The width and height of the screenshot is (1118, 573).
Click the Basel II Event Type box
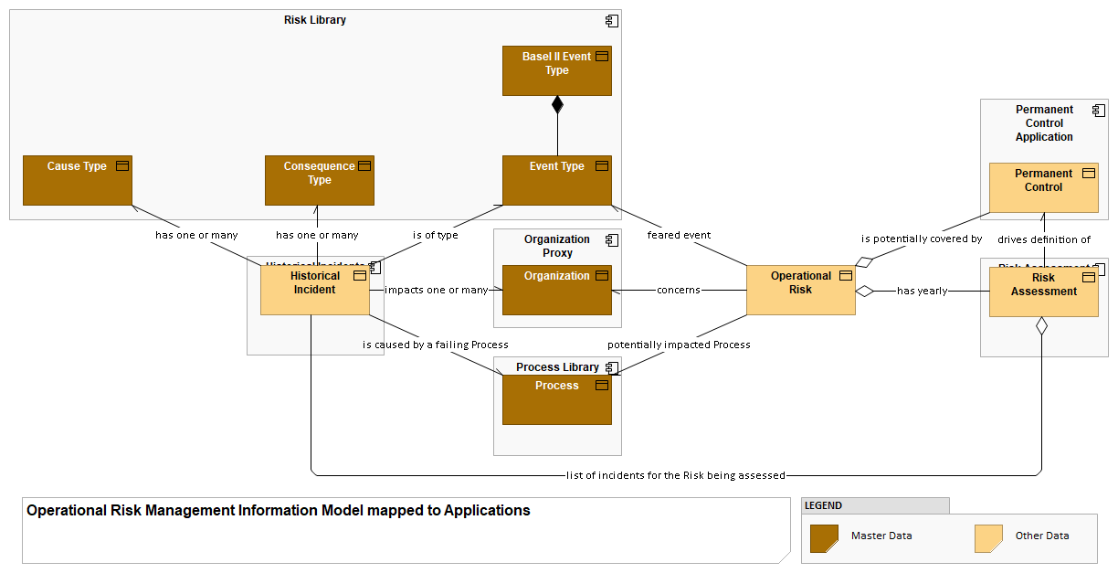click(556, 71)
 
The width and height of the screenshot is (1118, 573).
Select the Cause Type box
click(78, 180)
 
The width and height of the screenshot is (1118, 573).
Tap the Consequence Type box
click(319, 180)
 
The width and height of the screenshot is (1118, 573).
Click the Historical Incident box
click(314, 290)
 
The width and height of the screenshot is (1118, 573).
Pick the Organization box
click(556, 290)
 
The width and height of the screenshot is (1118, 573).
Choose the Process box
click(556, 399)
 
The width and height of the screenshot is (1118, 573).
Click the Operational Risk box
click(800, 290)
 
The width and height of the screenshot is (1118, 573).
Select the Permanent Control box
click(1043, 187)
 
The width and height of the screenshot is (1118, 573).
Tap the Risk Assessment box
click(1043, 292)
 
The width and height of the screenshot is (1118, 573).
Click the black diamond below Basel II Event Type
click(557, 104)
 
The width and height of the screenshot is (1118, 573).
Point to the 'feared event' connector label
click(679, 235)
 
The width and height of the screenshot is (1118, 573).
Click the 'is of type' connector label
click(435, 235)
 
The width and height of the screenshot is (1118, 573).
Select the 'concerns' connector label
click(679, 290)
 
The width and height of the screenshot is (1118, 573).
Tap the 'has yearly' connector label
click(922, 291)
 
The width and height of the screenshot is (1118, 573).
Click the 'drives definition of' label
click(1044, 239)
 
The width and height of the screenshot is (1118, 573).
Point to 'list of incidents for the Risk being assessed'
click(676, 475)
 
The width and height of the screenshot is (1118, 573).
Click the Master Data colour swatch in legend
click(825, 538)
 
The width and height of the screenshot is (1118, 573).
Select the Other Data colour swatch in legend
click(989, 538)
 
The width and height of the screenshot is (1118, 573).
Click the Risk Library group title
click(315, 20)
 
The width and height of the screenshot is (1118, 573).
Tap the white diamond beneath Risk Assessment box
click(1041, 325)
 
